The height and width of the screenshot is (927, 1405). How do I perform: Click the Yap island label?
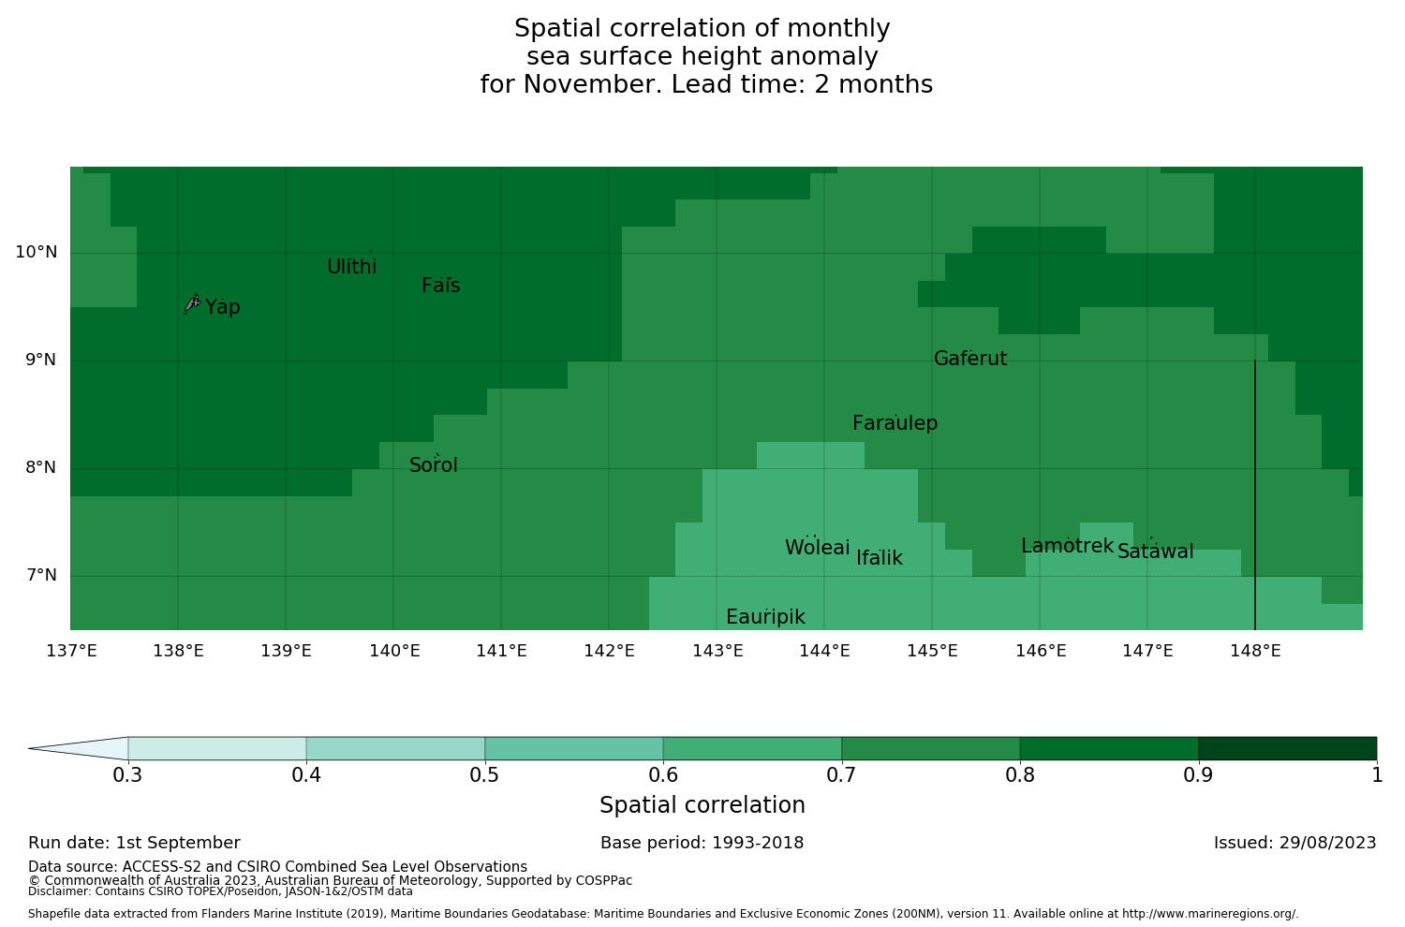click(223, 307)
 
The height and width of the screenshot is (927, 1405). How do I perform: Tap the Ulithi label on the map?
click(351, 267)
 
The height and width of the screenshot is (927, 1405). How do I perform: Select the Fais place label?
click(440, 286)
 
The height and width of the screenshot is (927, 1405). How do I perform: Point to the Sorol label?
click(434, 465)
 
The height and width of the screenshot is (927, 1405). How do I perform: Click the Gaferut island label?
click(970, 359)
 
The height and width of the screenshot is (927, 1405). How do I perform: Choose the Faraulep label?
click(895, 423)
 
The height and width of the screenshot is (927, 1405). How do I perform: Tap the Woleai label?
click(817, 548)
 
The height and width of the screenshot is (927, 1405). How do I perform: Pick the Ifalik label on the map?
click(880, 558)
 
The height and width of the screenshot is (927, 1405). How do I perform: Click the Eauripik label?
click(765, 617)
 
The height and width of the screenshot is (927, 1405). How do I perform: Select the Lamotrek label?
click(1067, 546)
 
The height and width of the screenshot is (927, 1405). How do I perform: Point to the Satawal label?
click(1155, 552)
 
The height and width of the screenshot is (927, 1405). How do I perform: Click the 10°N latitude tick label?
click(36, 252)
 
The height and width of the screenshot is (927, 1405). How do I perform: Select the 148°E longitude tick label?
click(1255, 651)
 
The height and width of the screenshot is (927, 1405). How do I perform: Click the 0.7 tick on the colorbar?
click(841, 774)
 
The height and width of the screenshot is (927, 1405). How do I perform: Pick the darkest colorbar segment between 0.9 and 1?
click(1287, 748)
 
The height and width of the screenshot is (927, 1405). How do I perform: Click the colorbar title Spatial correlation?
click(702, 805)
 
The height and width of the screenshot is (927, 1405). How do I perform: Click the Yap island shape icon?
click(192, 302)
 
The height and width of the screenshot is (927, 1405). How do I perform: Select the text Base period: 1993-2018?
click(702, 843)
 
